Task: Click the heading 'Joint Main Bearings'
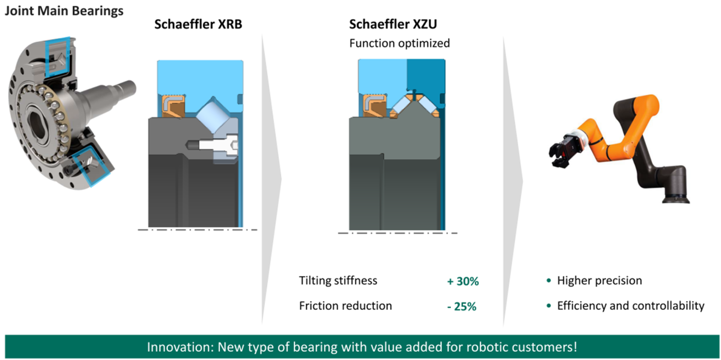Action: coord(64,11)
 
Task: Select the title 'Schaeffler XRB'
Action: coord(198,24)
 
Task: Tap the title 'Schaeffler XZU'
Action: coord(393,24)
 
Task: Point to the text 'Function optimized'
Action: coord(399,43)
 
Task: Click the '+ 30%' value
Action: coord(463,281)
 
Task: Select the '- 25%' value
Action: coord(461,306)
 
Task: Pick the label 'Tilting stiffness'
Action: coord(338,281)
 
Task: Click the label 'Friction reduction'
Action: coord(345,305)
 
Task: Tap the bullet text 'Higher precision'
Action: coord(599,281)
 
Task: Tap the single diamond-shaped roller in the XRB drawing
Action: coord(213,114)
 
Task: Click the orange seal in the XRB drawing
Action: coord(173,106)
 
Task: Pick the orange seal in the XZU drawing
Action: coord(375,105)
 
